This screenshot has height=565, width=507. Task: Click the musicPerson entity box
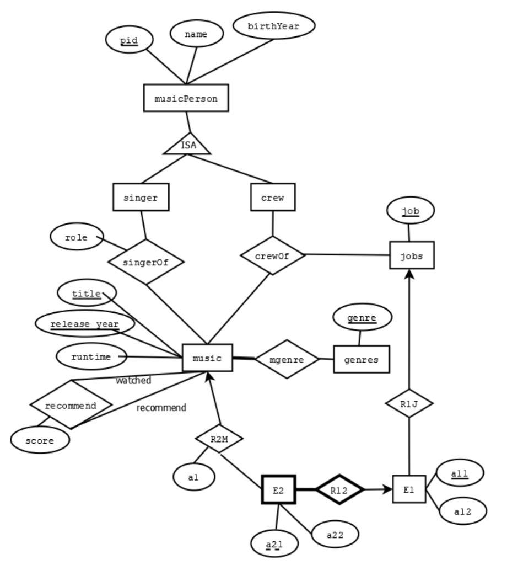(x=185, y=98)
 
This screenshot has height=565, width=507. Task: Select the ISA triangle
(x=187, y=145)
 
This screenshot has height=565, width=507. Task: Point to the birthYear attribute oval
(x=274, y=26)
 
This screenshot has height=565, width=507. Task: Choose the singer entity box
(x=141, y=197)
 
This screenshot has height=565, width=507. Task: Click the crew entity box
(x=272, y=197)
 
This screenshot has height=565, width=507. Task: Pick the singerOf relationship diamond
(x=145, y=262)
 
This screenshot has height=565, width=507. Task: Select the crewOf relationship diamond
(x=272, y=255)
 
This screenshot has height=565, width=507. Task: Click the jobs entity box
(x=412, y=255)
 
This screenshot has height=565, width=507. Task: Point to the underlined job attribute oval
(x=410, y=210)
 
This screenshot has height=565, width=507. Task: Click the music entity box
(x=207, y=358)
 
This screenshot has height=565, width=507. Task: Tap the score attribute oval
(x=40, y=440)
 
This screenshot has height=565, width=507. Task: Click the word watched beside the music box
(x=133, y=381)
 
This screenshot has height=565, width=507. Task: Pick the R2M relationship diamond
(x=219, y=439)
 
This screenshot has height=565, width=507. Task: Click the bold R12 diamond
(x=340, y=489)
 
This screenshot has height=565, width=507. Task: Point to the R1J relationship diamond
(x=409, y=404)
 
